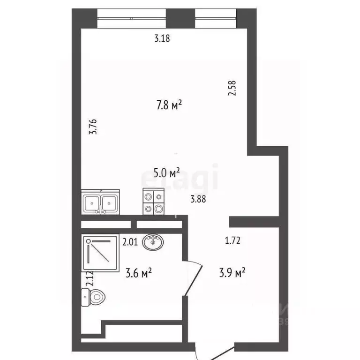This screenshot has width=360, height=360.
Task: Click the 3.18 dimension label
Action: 162,39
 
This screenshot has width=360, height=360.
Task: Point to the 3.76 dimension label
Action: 93,127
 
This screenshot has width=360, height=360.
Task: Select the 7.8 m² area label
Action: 169,105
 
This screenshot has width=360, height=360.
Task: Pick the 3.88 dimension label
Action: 198,199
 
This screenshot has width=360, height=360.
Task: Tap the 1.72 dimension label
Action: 232,241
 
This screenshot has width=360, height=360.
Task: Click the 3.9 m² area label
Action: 233,272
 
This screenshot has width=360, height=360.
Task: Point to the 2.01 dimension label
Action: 130,242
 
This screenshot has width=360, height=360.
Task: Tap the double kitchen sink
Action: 100,202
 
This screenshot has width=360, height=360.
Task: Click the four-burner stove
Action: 154,202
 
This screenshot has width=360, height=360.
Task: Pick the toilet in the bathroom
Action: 95,296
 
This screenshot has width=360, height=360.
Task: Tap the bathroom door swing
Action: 193,278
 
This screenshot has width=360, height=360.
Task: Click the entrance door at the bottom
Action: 215,351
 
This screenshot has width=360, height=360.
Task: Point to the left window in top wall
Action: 132,18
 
